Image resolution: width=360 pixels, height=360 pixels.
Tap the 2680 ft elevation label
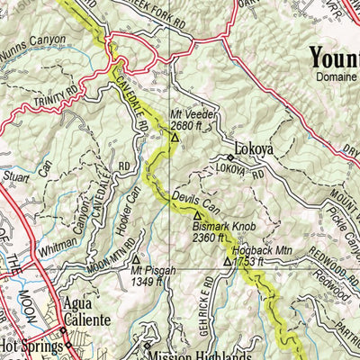(x=188, y=125)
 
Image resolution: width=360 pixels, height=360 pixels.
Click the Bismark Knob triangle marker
(x=197, y=215)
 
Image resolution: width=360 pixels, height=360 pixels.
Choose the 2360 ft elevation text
(x=214, y=239)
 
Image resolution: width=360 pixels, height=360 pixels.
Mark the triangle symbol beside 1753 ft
(x=227, y=262)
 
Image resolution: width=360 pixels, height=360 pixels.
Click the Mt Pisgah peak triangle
(x=136, y=259)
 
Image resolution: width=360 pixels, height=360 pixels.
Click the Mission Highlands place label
(x=199, y=354)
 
